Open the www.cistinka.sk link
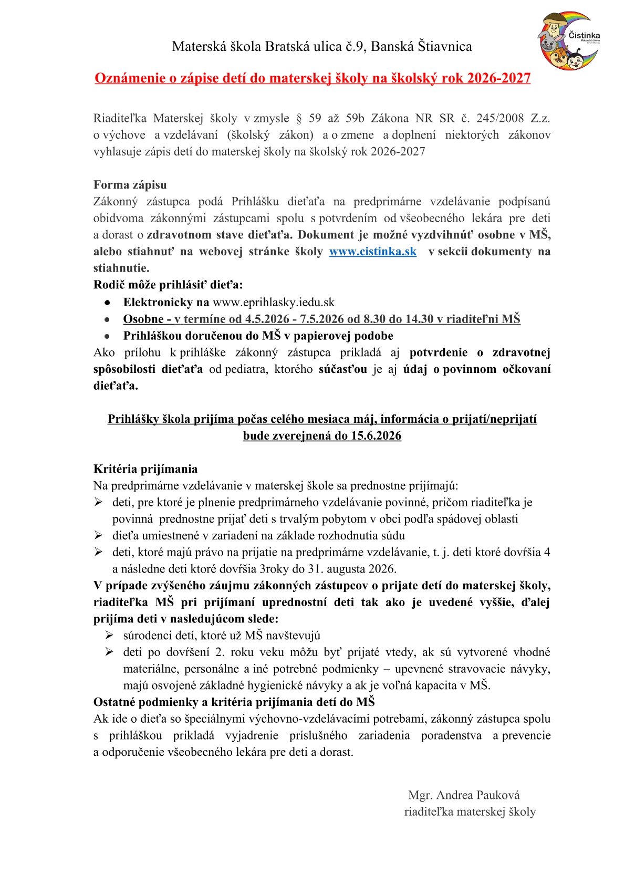(372, 252)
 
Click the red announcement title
(312, 78)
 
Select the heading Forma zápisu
(130, 185)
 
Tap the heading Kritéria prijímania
(145, 469)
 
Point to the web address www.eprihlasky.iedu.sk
(273, 303)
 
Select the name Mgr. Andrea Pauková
(464, 795)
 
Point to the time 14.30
(419, 319)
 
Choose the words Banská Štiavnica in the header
(421, 47)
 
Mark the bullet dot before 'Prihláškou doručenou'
(107, 336)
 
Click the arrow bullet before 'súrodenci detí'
(109, 636)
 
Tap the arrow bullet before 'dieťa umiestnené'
(98, 536)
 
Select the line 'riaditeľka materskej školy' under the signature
(470, 812)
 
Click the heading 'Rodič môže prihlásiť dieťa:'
(168, 285)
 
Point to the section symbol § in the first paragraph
(301, 118)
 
